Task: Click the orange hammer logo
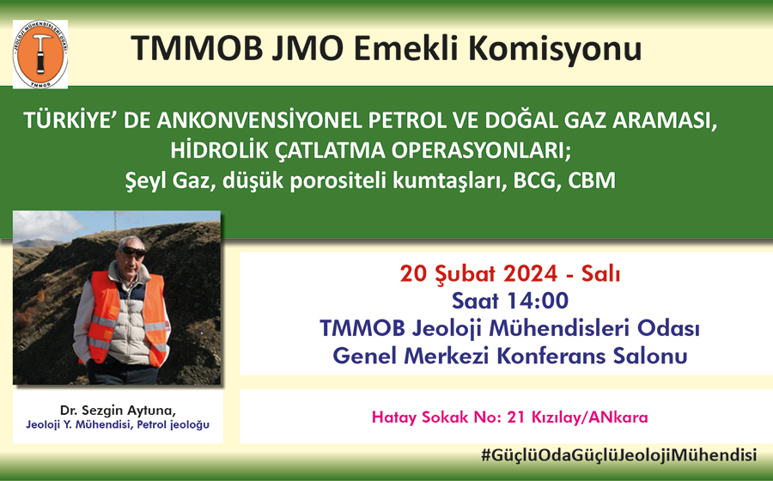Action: click(40, 54)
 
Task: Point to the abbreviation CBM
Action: click(592, 180)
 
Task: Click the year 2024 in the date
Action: click(530, 273)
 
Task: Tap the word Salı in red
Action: click(600, 273)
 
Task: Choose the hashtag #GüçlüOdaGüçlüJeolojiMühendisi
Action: click(618, 455)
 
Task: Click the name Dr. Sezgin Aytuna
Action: click(118, 411)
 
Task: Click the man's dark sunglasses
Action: click(133, 252)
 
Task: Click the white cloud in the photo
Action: click(48, 226)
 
